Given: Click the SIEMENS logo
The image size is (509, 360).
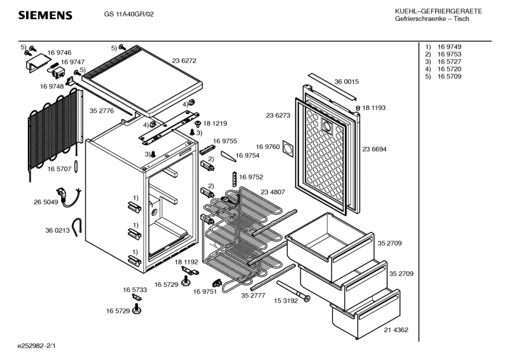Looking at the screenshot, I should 45,15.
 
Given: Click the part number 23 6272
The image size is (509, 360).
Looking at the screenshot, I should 184,60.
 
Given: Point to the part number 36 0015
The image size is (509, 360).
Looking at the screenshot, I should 347,81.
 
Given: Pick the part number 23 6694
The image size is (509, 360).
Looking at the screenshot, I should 375,149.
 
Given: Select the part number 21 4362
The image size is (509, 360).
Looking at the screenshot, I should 396,329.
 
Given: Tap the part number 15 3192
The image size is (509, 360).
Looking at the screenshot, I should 286,300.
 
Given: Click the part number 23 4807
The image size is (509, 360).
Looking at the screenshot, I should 273,191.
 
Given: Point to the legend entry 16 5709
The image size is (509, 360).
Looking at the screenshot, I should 449,76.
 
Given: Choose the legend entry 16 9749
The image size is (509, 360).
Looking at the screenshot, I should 449,48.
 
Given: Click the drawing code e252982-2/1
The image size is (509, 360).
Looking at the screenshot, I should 37,346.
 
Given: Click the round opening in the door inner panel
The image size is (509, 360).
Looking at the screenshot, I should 328,126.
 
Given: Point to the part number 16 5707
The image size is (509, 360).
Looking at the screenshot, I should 59,169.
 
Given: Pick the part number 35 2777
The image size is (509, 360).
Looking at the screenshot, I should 253,294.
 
